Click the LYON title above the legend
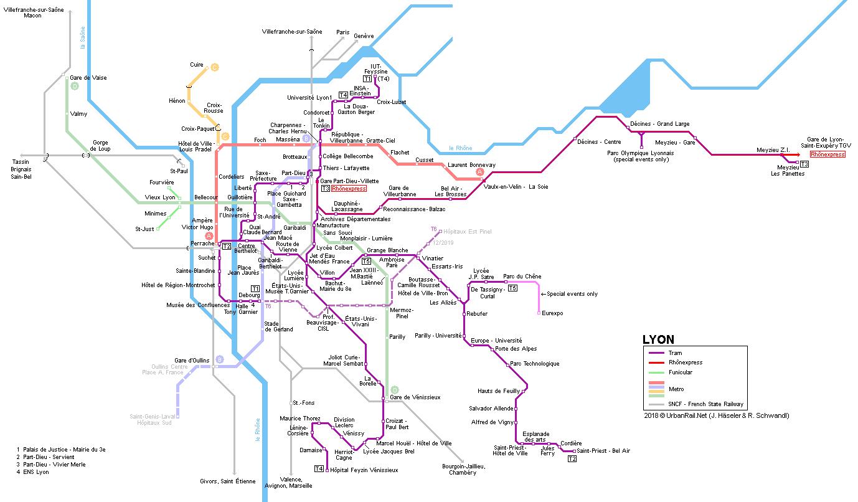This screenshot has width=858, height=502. coord(658,340)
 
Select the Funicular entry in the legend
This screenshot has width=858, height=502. coord(680,372)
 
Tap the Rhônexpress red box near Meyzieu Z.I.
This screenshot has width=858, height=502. coord(827,154)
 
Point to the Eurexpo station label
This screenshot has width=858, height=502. coord(552,313)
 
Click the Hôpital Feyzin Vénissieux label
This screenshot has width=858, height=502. coord(364,470)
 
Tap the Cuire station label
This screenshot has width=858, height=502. coord(197,65)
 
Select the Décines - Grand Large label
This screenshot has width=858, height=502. coord(659,124)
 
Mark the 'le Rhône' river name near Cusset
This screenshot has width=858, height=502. coord(460,148)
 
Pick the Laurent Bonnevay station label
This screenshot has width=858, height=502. coord(471,165)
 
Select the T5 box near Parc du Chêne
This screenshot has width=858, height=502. coord(512,288)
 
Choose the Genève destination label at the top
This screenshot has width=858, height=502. coord(364,36)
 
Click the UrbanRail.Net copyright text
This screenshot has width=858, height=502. coord(716,415)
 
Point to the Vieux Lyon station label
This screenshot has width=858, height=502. coord(160,197)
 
